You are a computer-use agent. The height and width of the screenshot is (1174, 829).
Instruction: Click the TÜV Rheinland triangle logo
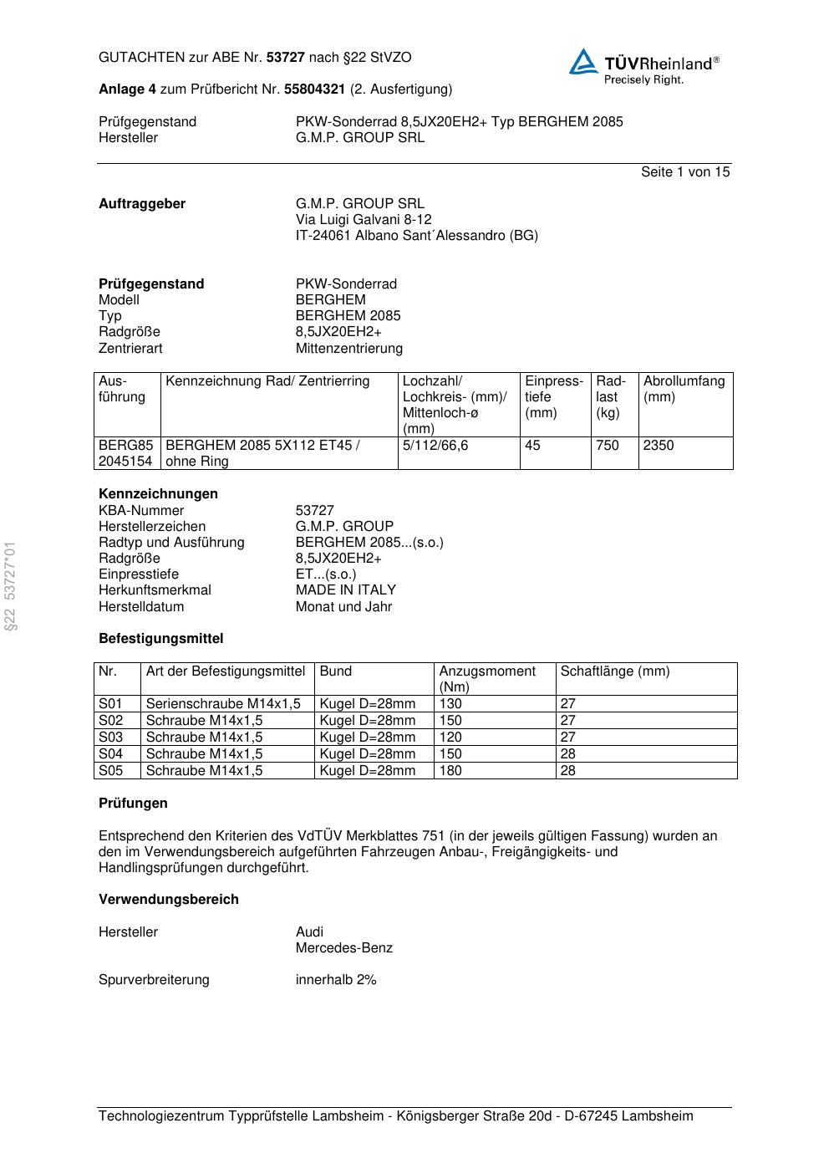[583, 62]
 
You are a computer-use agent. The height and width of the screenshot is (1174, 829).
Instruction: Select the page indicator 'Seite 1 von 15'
[684, 172]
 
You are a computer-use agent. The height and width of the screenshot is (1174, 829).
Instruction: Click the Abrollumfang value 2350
[659, 446]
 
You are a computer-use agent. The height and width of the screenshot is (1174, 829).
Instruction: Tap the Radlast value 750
[607, 446]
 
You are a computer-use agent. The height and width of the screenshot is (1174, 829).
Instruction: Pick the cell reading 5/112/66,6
[435, 446]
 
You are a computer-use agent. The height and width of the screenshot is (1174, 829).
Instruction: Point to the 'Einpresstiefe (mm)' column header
[553, 396]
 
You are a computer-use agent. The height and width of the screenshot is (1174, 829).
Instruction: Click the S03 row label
[110, 738]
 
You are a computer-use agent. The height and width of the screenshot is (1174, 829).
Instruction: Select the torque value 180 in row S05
[450, 771]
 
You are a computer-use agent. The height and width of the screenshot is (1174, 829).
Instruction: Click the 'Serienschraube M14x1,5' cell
[223, 704]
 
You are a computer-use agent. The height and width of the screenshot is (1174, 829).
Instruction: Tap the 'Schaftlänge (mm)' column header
[614, 671]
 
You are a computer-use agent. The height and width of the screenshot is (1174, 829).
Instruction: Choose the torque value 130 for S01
[450, 704]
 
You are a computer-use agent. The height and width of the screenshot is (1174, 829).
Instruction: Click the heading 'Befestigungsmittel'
[160, 639]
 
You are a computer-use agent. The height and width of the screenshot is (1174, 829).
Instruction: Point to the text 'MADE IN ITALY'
[345, 590]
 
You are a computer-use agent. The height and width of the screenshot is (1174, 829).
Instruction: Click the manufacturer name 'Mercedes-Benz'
[343, 948]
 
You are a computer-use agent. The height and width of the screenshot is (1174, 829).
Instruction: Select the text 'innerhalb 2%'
[336, 980]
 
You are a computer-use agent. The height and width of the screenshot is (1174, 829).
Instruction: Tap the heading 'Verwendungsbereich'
[168, 900]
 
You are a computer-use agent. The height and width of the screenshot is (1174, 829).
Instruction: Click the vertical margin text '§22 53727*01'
[10, 586]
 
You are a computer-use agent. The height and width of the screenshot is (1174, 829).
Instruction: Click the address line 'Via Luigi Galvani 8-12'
[364, 220]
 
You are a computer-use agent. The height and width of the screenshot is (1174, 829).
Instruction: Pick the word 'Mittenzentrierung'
[348, 349]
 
